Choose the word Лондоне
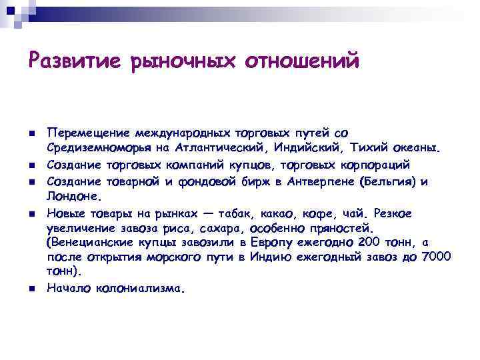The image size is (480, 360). pos(73,197)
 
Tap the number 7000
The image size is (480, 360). pos(437,257)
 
